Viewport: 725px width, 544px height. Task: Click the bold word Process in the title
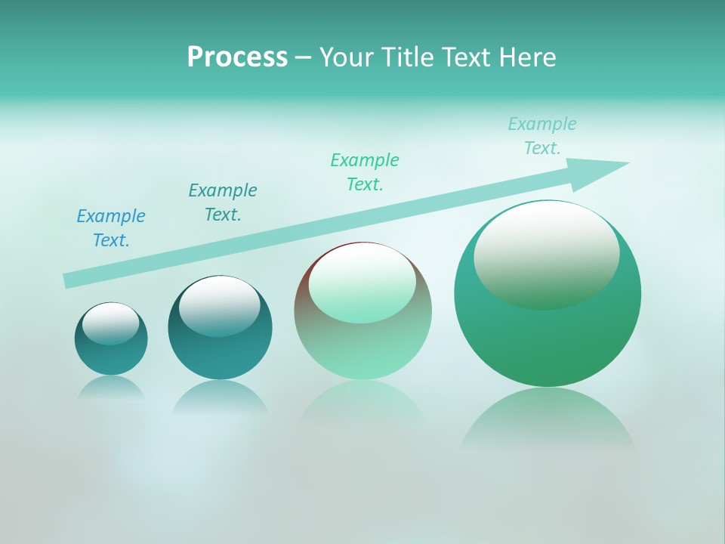[237, 57]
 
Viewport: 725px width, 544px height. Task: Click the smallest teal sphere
[111, 355]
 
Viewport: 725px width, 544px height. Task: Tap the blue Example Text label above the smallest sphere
[111, 228]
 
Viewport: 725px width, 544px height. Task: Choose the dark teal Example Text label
[223, 202]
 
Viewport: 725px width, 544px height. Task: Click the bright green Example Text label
[365, 172]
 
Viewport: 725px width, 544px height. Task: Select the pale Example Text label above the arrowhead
[542, 136]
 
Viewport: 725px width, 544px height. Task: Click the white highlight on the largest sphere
[547, 255]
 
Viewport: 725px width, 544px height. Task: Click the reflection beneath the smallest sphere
[111, 387]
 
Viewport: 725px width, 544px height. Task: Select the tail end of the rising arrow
[68, 280]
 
